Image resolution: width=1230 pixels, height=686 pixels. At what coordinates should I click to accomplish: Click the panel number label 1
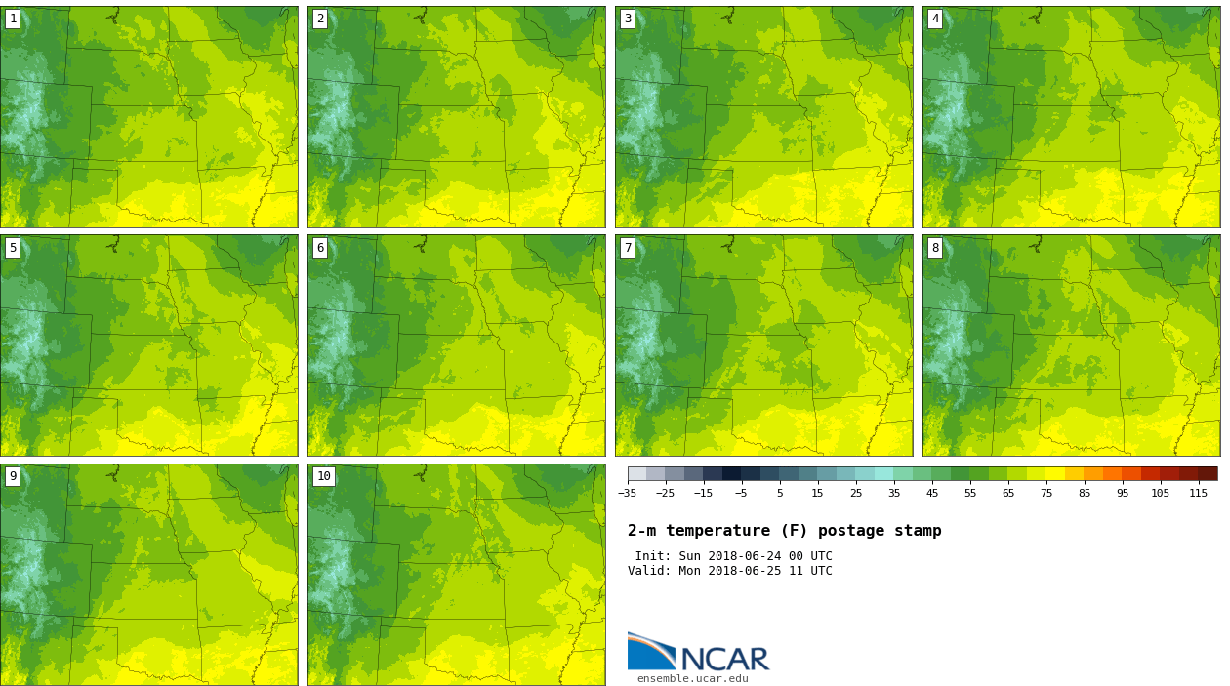tap(13, 19)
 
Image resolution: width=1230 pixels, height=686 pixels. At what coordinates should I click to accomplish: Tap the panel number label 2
tap(320, 19)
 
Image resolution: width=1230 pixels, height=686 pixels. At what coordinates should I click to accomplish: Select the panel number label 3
tap(628, 19)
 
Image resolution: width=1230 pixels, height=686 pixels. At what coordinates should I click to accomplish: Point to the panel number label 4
tap(935, 19)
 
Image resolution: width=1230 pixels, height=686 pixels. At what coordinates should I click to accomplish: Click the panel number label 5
tap(13, 248)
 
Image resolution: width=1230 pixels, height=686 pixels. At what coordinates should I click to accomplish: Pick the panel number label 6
tap(320, 248)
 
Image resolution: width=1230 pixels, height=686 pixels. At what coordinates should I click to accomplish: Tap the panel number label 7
tap(628, 248)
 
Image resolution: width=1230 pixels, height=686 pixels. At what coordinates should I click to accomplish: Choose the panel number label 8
tap(935, 248)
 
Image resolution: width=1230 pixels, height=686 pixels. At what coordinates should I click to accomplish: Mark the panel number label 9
tap(13, 476)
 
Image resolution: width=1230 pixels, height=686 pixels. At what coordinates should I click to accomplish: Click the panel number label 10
tap(323, 476)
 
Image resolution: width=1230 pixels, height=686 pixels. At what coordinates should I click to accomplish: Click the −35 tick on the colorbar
tap(627, 493)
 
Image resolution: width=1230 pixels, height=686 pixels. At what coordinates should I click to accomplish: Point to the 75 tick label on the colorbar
tap(1046, 493)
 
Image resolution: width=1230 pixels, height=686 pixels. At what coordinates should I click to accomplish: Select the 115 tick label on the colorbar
tap(1199, 493)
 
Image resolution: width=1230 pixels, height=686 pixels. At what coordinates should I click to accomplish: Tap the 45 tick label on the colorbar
tap(932, 493)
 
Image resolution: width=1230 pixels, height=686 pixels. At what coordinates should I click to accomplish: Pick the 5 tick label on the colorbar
tap(780, 493)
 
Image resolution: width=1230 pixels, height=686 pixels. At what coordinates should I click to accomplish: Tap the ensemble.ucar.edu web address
tap(692, 679)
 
